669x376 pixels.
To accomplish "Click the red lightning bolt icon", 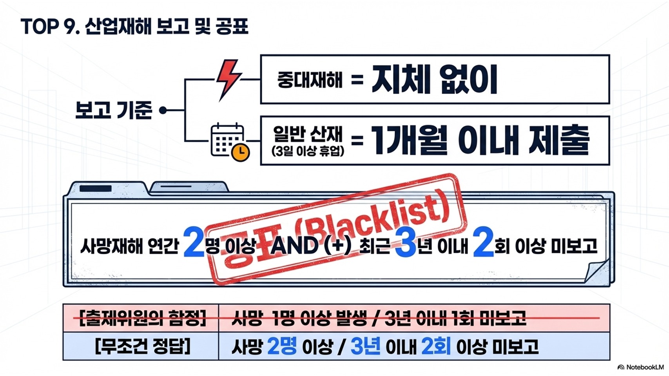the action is (x=228, y=79).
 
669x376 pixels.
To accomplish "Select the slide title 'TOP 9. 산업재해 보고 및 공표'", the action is (x=134, y=27).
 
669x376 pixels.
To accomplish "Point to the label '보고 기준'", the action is (x=113, y=110).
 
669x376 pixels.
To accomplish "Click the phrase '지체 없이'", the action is (x=434, y=80).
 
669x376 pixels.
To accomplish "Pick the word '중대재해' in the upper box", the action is (x=310, y=80).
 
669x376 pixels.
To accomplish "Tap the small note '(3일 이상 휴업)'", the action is (x=308, y=151).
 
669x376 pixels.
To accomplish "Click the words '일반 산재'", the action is (x=308, y=134).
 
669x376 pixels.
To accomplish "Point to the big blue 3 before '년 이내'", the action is (x=405, y=244).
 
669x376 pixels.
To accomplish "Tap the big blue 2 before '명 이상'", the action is (x=194, y=244).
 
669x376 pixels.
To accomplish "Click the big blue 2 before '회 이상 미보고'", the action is (x=483, y=244).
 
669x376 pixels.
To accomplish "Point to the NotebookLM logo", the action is (x=640, y=367).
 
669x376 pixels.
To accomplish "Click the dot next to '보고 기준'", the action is (x=163, y=110).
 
